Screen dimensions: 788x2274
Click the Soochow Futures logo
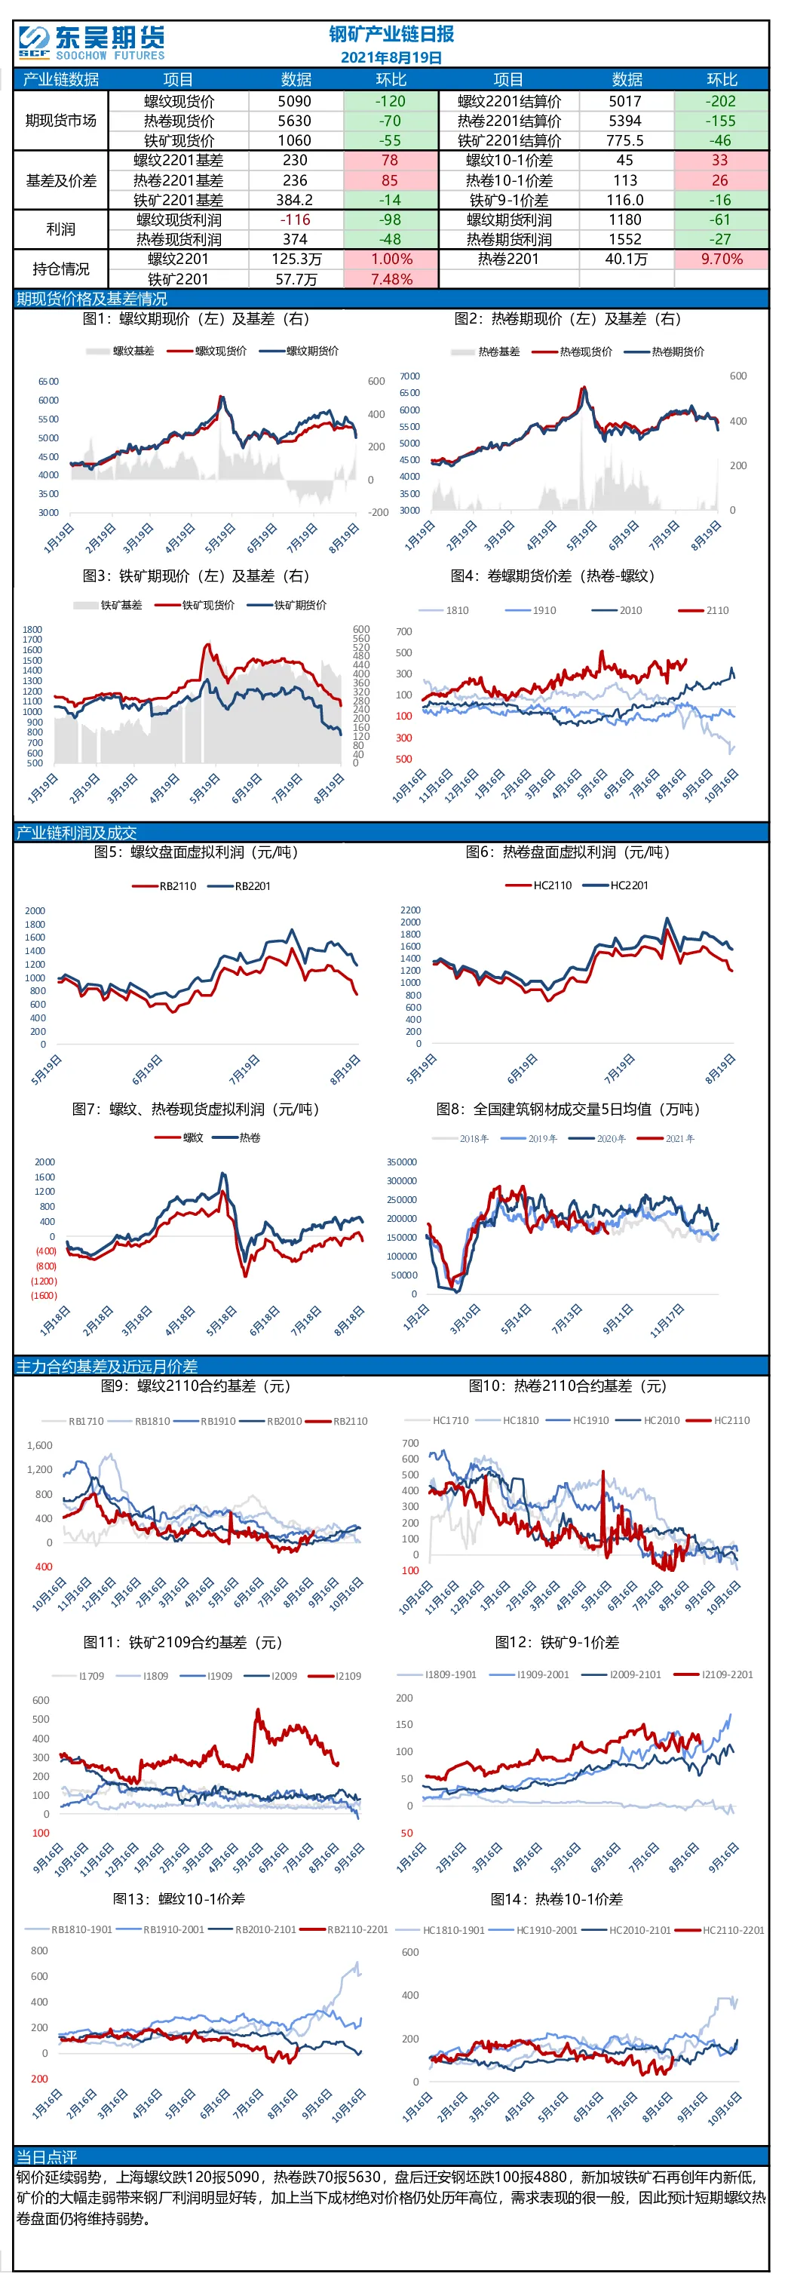pos(92,42)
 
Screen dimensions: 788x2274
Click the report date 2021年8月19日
pos(391,58)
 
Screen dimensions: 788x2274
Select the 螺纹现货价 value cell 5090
pos(295,102)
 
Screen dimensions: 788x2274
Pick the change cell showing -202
pos(721,102)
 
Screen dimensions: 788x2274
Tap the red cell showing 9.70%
pos(721,259)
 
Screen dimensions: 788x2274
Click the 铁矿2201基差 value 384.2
pos(295,201)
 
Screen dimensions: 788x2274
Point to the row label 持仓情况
pos(61,269)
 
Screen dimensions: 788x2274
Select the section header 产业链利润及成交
pos(77,833)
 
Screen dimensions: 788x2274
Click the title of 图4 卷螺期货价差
pos(553,575)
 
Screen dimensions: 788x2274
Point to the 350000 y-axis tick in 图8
pos(403,1162)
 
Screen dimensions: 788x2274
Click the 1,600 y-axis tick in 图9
pos(40,1445)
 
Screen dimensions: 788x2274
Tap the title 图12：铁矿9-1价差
pos(557,1642)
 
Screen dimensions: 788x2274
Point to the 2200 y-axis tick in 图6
pos(410,910)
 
